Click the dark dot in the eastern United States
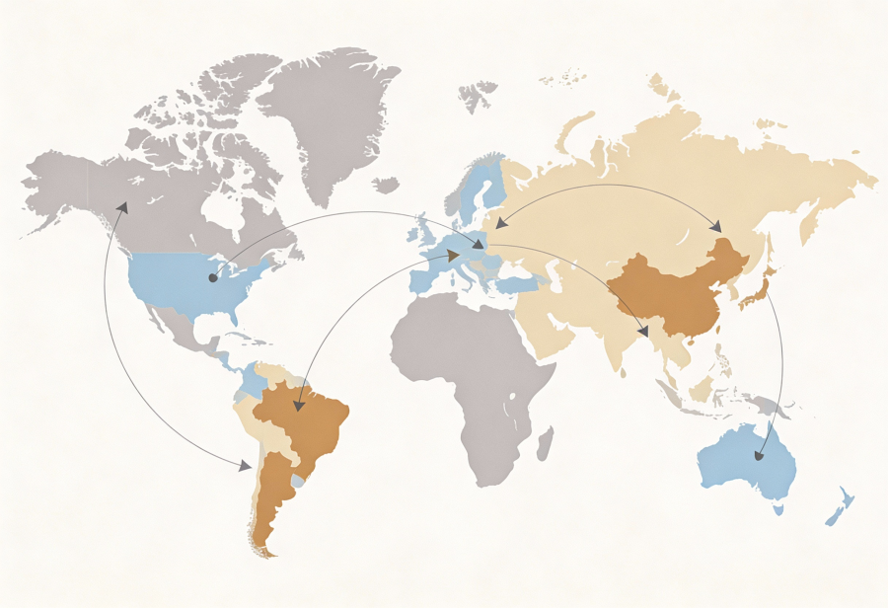point(212,278)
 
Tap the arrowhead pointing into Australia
point(759,456)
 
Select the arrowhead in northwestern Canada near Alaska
point(122,207)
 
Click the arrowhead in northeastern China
point(717,228)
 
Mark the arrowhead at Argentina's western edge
point(244,465)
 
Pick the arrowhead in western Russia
point(501,224)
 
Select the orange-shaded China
point(671,291)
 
